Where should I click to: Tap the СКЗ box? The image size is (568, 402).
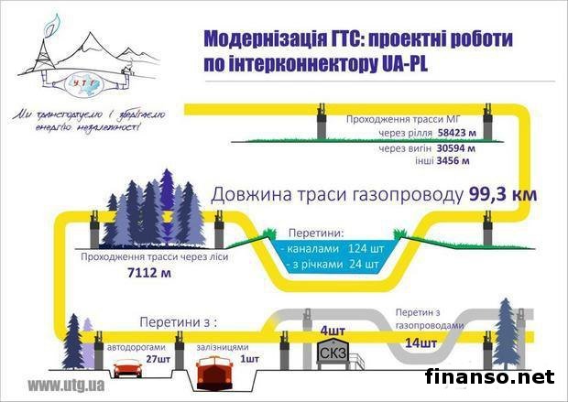pyautogui.click(x=330, y=353)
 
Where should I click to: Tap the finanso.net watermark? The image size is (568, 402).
pyautogui.click(x=490, y=376)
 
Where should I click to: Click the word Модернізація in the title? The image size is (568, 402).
pyautogui.click(x=261, y=40)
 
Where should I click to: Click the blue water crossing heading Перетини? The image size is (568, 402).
pyautogui.click(x=317, y=233)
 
